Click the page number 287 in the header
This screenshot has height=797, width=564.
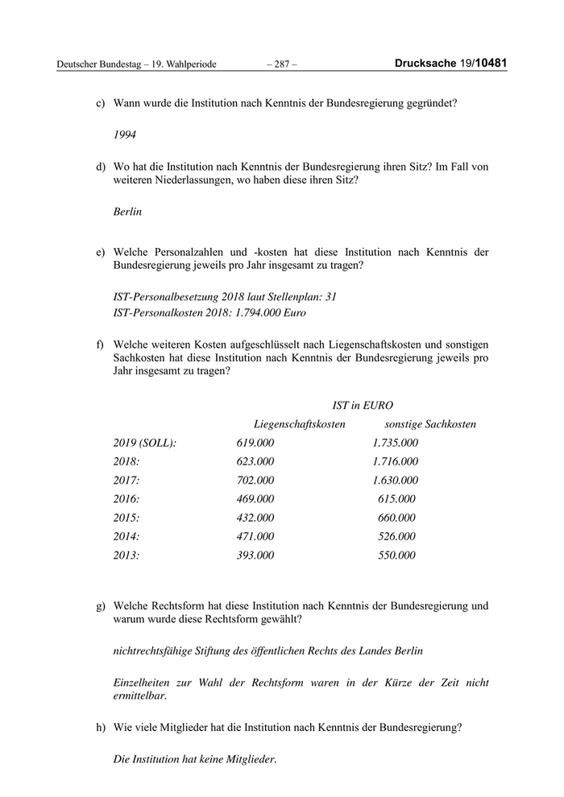(x=281, y=64)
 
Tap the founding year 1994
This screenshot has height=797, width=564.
(x=126, y=135)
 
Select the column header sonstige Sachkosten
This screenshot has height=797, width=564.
(x=430, y=423)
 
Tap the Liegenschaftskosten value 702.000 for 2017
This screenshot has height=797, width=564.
(x=255, y=480)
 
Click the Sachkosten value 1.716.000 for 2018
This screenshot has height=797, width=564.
(x=396, y=461)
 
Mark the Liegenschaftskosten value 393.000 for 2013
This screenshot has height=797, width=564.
(x=255, y=555)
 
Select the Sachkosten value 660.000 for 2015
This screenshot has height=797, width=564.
(x=396, y=517)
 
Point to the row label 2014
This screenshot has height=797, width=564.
(x=127, y=536)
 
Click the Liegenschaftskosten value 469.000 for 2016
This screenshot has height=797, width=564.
(x=255, y=498)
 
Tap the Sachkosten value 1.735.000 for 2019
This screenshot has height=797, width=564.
(x=396, y=443)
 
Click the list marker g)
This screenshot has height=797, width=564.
(x=101, y=605)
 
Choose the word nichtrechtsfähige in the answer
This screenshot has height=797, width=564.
(x=156, y=650)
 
